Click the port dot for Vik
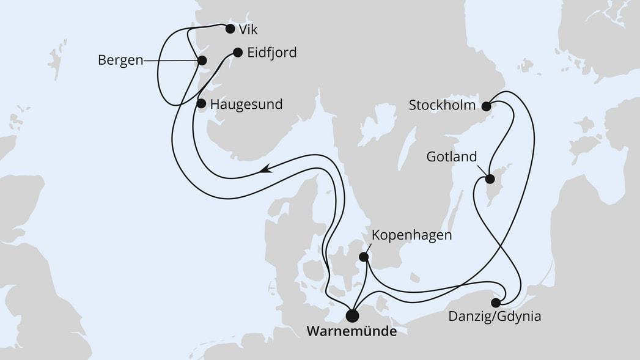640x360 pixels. [x=230, y=28]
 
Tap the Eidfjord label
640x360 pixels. [x=272, y=53]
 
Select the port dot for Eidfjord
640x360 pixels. [x=238, y=53]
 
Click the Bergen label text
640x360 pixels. [x=120, y=60]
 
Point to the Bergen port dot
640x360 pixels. [x=202, y=60]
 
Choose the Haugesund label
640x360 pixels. [x=246, y=105]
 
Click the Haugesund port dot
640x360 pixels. [x=202, y=104]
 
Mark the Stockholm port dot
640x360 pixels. [x=486, y=106]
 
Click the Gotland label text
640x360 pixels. [x=452, y=157]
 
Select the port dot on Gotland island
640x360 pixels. [x=490, y=179]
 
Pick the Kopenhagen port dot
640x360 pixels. [x=364, y=257]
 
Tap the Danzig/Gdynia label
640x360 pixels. [x=495, y=317]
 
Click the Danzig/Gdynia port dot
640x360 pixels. [x=496, y=302]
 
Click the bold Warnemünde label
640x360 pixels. [x=351, y=332]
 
